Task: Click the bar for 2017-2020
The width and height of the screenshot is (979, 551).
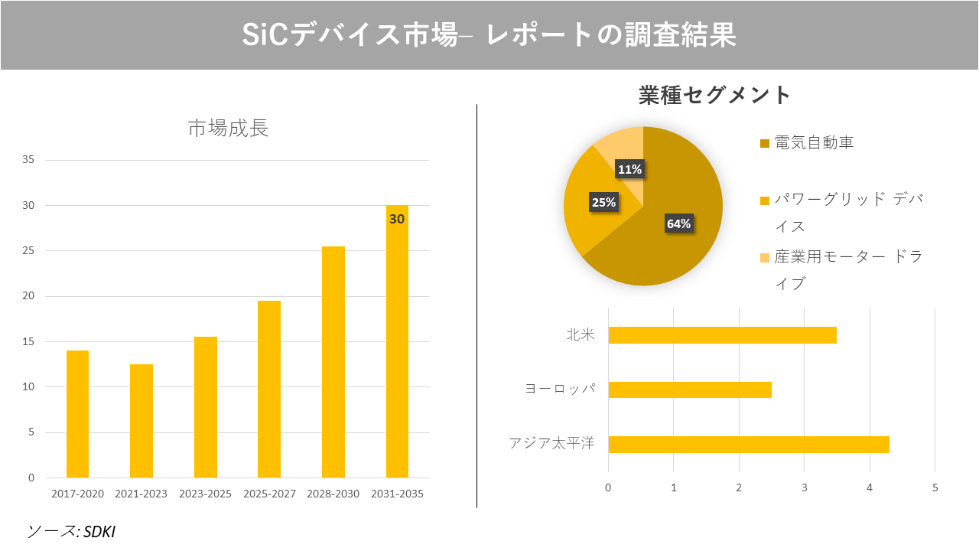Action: (77, 414)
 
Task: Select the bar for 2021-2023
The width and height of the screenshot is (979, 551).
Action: (141, 421)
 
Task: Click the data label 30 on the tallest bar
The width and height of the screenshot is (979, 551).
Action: (397, 219)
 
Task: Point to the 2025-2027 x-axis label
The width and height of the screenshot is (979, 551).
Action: (269, 494)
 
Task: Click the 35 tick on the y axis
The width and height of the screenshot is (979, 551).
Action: (28, 160)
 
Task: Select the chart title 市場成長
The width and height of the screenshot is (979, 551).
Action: (228, 129)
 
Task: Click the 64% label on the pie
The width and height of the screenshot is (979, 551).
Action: (678, 224)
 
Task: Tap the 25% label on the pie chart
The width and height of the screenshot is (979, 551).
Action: (603, 203)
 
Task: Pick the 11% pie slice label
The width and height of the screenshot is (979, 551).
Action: (629, 170)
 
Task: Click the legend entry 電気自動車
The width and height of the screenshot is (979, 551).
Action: (814, 143)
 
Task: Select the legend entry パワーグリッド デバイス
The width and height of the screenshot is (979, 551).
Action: (847, 213)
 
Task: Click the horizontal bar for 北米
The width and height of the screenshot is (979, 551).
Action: (722, 335)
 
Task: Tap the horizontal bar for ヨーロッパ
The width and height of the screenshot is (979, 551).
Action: (689, 390)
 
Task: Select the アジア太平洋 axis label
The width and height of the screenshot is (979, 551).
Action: (551, 444)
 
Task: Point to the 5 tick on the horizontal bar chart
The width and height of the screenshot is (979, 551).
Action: (935, 487)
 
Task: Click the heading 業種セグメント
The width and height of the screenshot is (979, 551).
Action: (714, 95)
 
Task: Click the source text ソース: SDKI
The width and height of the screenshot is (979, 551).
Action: (71, 531)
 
